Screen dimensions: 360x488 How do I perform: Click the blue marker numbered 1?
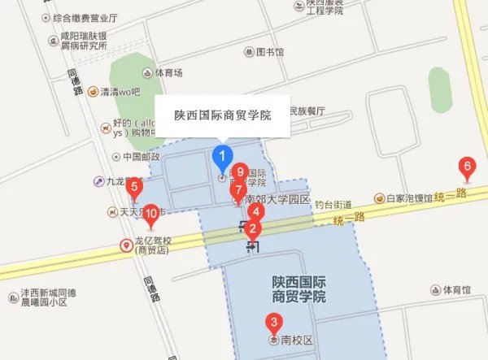coord(221,155)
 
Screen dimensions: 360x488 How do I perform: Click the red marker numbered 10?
coord(150,215)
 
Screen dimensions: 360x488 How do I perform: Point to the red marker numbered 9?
coord(240,172)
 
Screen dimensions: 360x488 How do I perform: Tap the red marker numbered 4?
coord(255,211)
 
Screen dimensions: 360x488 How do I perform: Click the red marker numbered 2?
coord(254,228)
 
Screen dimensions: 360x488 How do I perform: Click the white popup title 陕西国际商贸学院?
coord(223,115)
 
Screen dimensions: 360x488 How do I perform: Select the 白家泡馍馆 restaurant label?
coord(408,197)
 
